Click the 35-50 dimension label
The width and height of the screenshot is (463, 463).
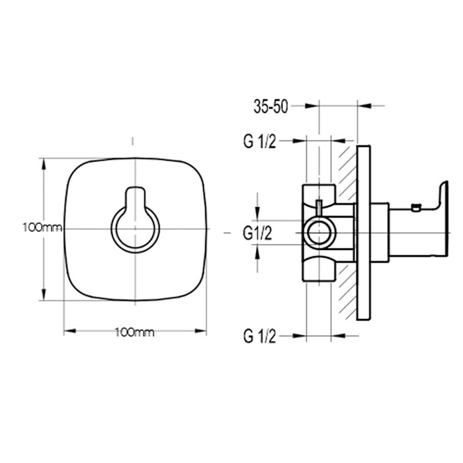tap(271, 106)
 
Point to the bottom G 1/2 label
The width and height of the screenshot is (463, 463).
tap(259, 336)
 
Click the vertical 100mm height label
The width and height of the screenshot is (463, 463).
tap(42, 228)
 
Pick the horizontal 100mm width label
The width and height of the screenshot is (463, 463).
tap(134, 332)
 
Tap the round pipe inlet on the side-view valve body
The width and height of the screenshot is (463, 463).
tap(320, 233)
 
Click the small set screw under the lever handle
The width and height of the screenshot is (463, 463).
tap(415, 209)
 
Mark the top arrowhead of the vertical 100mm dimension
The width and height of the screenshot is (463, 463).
tap(44, 162)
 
